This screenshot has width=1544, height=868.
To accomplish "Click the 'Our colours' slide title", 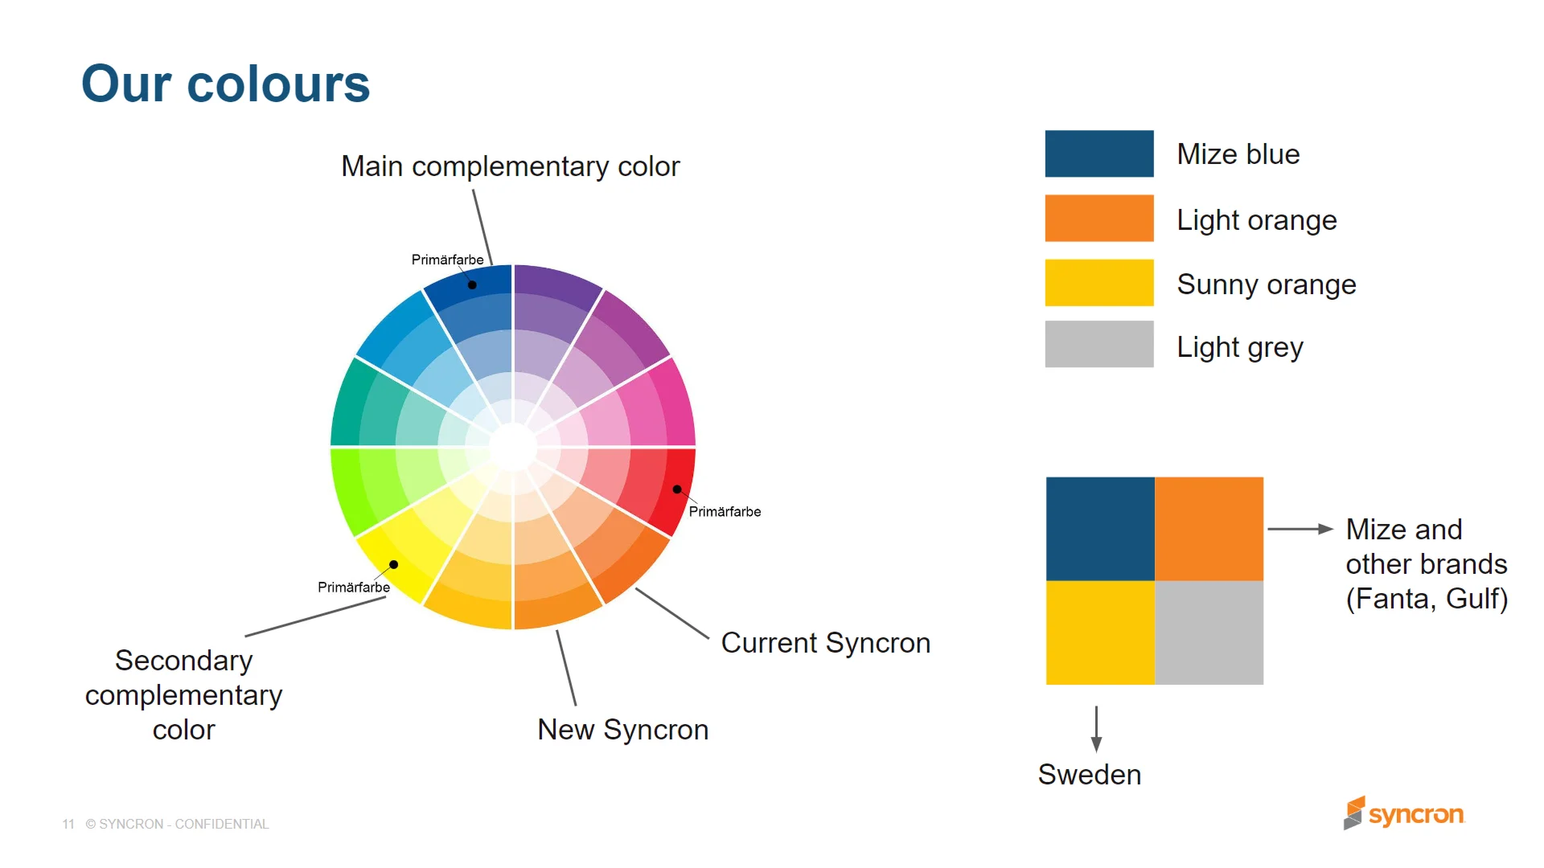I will [225, 84].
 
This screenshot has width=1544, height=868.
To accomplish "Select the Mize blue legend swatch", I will [1098, 154].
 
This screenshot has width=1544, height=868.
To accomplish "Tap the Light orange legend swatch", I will [1098, 218].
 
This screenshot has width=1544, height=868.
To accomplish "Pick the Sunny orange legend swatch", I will [1098, 282].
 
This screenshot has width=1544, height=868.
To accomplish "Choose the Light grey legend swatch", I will [1098, 344].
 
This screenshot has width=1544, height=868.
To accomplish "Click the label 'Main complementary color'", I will [510, 166].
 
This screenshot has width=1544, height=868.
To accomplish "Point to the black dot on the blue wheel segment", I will [472, 285].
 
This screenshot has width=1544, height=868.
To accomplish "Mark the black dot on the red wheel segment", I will [677, 489].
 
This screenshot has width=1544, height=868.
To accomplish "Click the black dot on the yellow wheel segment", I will [394, 564].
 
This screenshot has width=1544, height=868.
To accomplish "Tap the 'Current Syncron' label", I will [825, 643].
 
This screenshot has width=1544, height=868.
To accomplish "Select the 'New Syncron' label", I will [622, 730].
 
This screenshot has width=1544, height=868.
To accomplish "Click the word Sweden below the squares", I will [1089, 775].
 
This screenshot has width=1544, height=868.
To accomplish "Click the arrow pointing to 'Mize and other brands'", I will [1300, 529].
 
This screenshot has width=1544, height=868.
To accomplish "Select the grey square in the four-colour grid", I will [1209, 633].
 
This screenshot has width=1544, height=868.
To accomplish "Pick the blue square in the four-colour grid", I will [1100, 529].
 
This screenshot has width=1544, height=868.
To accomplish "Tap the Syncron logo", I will [1404, 813].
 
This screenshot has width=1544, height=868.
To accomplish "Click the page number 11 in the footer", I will [68, 825].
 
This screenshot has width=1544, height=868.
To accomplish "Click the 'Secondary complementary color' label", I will [183, 694].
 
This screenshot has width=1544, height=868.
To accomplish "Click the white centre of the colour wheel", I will [513, 447].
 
